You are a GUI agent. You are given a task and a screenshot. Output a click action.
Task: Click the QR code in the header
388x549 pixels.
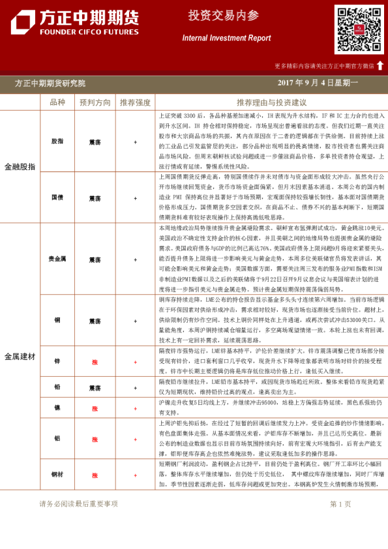tap(359, 29)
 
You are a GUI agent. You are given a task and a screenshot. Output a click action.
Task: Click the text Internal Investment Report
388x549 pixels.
tap(226, 38)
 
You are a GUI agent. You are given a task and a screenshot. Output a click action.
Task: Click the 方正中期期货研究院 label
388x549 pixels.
tap(50, 83)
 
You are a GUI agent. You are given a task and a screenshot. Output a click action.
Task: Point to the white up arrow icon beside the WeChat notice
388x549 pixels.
tap(380, 65)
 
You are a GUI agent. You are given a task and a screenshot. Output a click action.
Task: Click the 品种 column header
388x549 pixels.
tap(57, 102)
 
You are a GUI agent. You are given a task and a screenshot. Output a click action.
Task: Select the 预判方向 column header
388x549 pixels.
tap(95, 102)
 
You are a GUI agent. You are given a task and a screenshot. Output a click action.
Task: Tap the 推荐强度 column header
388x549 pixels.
tap(135, 102)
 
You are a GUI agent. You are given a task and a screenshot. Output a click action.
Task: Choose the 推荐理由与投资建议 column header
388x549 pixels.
tap(271, 102)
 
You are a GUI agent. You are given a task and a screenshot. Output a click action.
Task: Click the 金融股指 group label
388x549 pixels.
tap(20, 167)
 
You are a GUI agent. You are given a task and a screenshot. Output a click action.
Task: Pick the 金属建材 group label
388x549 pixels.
tap(20, 357)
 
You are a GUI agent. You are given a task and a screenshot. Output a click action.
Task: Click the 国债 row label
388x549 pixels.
tap(57, 198)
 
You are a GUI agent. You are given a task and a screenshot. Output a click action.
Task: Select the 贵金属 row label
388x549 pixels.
tap(57, 259)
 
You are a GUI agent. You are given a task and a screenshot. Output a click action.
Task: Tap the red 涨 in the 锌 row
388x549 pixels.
tap(95, 361)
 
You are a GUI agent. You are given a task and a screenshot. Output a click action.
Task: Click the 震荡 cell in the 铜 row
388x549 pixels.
tap(95, 321)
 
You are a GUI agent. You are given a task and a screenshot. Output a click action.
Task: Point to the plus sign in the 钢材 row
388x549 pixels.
tap(135, 475)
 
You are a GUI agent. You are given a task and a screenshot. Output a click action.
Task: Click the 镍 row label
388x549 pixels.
tap(57, 408)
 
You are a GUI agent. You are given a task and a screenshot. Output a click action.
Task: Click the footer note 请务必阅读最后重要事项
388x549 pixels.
tap(78, 504)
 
